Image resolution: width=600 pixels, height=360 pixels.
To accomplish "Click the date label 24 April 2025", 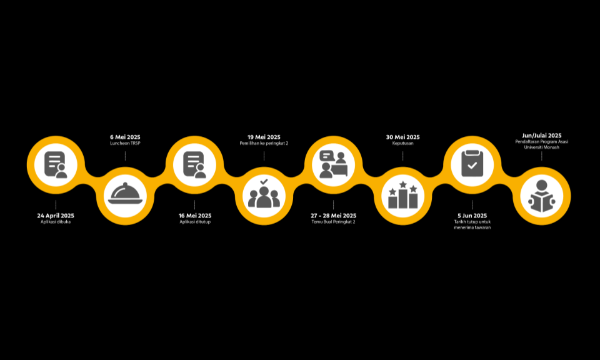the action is (x=56, y=216).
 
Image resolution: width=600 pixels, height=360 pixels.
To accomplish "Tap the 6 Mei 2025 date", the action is (x=125, y=137).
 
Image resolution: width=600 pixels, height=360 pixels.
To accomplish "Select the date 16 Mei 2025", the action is (x=195, y=216).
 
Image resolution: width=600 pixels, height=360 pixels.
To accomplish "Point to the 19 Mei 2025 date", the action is (x=264, y=137).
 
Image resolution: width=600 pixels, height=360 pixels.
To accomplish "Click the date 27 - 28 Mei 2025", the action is (x=333, y=216).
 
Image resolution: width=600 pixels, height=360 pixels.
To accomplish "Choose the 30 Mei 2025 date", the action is (x=402, y=137).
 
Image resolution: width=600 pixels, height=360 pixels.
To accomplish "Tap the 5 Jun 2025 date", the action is (x=472, y=216).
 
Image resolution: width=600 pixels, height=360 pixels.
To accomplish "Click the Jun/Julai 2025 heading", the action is (x=541, y=136).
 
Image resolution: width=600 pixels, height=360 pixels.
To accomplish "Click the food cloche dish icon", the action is (x=125, y=194).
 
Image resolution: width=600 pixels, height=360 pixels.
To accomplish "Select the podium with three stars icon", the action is (x=403, y=195).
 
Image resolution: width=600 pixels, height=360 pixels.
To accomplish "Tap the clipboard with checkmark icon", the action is (x=472, y=163).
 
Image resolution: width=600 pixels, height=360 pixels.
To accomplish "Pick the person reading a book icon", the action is (x=541, y=196).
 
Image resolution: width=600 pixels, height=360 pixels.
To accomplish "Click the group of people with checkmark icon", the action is (x=264, y=194).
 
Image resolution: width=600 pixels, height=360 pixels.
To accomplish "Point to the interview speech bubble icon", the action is (x=333, y=164).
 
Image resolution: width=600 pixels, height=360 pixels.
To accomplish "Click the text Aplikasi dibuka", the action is (x=56, y=222).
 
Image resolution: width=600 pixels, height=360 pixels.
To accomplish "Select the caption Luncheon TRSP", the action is (x=125, y=144).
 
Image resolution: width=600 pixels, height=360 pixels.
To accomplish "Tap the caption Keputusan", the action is (x=402, y=144).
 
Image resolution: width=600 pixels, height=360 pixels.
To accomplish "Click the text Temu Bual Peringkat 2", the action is (x=333, y=222).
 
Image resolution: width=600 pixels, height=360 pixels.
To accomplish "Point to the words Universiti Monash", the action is (x=541, y=147).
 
